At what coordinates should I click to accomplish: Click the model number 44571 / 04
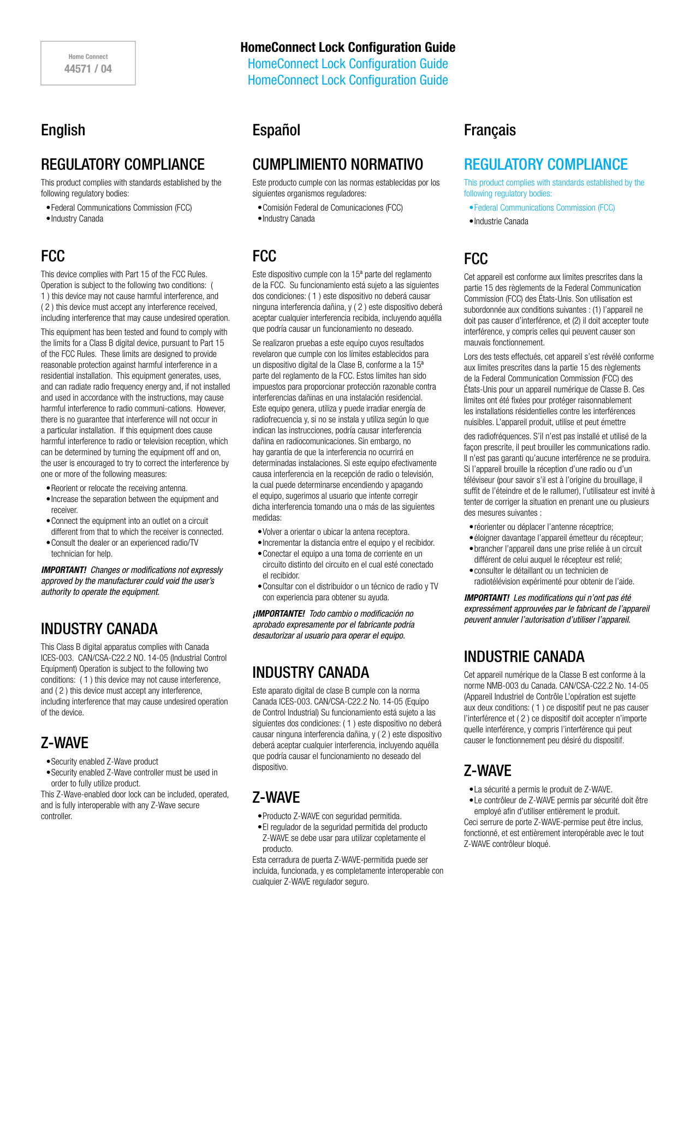pyautogui.click(x=88, y=69)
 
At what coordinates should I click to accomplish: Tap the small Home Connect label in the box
pyautogui.click(x=88, y=57)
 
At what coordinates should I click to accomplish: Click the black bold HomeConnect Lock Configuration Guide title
pyautogui.click(x=348, y=47)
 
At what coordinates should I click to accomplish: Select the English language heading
pyautogui.click(x=63, y=130)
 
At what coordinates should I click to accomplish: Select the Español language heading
pyautogui.click(x=276, y=130)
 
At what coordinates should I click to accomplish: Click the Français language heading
pyautogui.click(x=490, y=130)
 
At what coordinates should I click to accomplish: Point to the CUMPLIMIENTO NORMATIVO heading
pyautogui.click(x=337, y=164)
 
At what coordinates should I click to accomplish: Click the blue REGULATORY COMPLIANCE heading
pyautogui.click(x=545, y=164)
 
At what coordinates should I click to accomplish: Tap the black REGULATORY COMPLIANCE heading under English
pyautogui.click(x=123, y=164)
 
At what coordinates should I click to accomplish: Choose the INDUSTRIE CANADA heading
pyautogui.click(x=524, y=656)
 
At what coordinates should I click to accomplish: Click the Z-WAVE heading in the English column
pyautogui.click(x=64, y=743)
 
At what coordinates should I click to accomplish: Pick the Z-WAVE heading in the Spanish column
pyautogui.click(x=276, y=797)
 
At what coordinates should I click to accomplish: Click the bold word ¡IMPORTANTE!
pyautogui.click(x=279, y=614)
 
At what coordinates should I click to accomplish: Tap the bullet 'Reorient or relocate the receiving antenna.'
pyautogui.click(x=119, y=488)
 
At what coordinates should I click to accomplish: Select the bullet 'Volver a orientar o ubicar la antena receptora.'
pyautogui.click(x=335, y=532)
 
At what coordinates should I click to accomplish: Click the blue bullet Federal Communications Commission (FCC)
pyautogui.click(x=544, y=208)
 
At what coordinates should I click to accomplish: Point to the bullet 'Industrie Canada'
pyautogui.click(x=501, y=222)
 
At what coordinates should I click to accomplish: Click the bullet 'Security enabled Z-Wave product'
pyautogui.click(x=104, y=762)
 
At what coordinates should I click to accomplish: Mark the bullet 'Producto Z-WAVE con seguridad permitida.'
pyautogui.click(x=331, y=816)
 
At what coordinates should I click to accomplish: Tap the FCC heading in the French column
pyautogui.click(x=476, y=259)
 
